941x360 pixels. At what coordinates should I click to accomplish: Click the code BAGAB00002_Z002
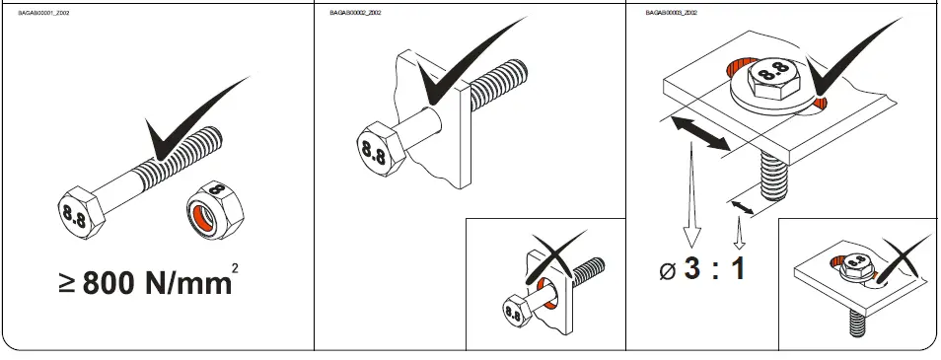(x=355, y=13)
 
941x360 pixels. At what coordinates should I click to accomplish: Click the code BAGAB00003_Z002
(x=671, y=13)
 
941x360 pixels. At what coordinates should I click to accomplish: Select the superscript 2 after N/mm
(x=235, y=267)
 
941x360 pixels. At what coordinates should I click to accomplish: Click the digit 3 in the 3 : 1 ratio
(x=693, y=268)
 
